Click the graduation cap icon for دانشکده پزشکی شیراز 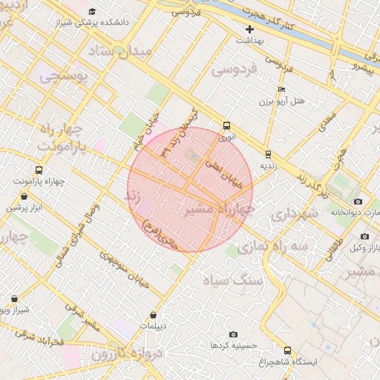tap(92, 12)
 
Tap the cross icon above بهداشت tap(250, 29)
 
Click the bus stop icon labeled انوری tap(226, 125)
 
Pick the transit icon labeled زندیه tap(268, 154)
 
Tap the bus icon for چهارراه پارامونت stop tap(39, 170)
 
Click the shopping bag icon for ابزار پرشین tap(27, 197)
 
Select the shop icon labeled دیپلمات tap(154, 315)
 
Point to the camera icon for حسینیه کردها tap(234, 335)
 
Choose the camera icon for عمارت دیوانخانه tap(358, 201)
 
